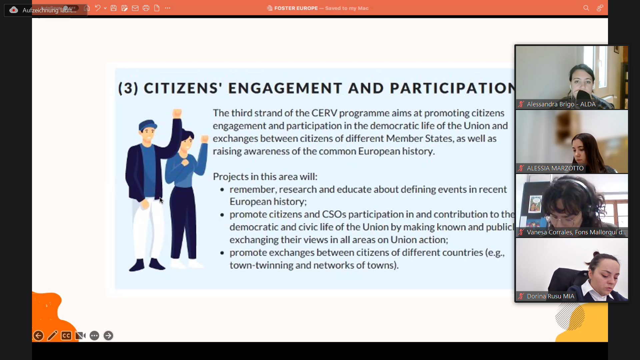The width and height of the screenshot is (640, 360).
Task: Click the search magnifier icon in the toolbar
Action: coord(586,8)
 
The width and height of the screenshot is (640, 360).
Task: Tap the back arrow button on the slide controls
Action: coord(38,336)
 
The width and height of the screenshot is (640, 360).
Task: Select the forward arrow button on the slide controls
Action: coord(108,336)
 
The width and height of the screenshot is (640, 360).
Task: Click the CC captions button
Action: coord(66,336)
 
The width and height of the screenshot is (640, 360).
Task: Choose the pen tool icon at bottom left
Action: coord(52,336)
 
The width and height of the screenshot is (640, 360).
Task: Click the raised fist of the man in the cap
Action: coord(177,113)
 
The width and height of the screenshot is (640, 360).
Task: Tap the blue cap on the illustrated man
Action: coord(148,125)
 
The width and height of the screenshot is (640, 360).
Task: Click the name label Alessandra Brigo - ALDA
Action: coord(561,104)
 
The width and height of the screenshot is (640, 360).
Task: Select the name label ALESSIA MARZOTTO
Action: coord(555,168)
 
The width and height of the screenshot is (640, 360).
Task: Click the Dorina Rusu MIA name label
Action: coord(550,296)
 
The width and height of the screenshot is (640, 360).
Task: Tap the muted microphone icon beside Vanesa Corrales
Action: coord(521,232)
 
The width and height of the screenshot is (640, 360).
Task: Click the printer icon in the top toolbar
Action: coord(146,8)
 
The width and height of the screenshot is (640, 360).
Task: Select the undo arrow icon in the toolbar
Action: coord(98,8)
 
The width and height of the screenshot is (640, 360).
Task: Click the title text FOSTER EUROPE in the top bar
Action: coord(296,8)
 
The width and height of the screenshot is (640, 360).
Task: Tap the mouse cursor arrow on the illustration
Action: coord(161,200)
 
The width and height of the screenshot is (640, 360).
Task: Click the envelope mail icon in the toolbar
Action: coord(135,8)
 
